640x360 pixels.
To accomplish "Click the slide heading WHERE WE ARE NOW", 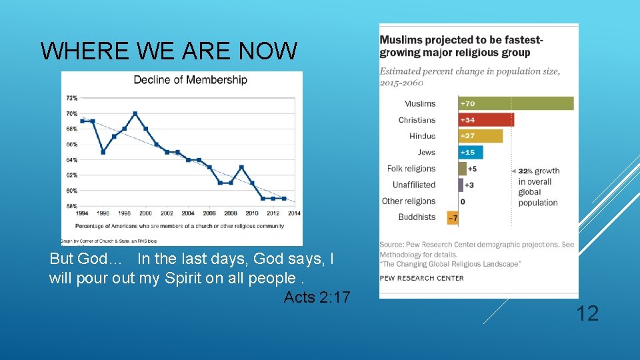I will click(x=169, y=51).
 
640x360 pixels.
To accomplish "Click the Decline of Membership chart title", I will click(x=190, y=80).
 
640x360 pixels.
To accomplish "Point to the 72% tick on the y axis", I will click(x=71, y=98).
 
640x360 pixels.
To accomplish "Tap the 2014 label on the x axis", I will click(x=294, y=213).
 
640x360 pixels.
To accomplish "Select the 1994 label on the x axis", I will click(x=82, y=213).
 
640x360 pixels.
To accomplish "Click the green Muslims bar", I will click(x=516, y=103).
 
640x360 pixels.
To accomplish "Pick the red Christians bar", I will click(x=486, y=120).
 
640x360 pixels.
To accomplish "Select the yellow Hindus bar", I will click(x=480, y=136).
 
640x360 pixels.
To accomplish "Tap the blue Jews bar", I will click(x=470, y=153).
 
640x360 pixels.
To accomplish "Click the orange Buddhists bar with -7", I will click(x=453, y=217).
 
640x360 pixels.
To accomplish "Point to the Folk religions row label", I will click(x=411, y=169).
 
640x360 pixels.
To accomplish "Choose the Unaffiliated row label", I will click(x=413, y=185).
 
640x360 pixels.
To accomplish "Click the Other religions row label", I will click(x=408, y=201).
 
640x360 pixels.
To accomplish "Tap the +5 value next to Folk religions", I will click(x=472, y=169).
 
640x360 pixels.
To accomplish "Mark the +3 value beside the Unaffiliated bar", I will click(x=469, y=185).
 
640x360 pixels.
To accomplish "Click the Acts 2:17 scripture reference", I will click(x=317, y=297).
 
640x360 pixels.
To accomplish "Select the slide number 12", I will click(x=587, y=313).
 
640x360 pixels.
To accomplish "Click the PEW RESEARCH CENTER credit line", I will click(x=421, y=278).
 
